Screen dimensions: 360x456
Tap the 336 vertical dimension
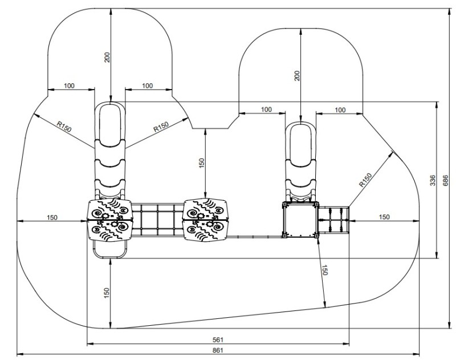tap(433, 180)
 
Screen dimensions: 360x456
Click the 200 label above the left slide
tap(107, 56)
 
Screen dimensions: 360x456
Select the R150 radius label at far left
tap(63, 127)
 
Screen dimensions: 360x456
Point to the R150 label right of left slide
tap(161, 126)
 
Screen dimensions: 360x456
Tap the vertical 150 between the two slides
tap(201, 163)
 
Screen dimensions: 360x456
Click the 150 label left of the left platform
tap(52, 217)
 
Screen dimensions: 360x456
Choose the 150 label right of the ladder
tap(385, 217)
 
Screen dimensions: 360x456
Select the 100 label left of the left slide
tap(69, 86)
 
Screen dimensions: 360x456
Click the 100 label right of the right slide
tap(340, 109)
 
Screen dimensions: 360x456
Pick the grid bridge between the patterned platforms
tap(157, 220)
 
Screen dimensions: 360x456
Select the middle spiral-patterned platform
tap(206, 220)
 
